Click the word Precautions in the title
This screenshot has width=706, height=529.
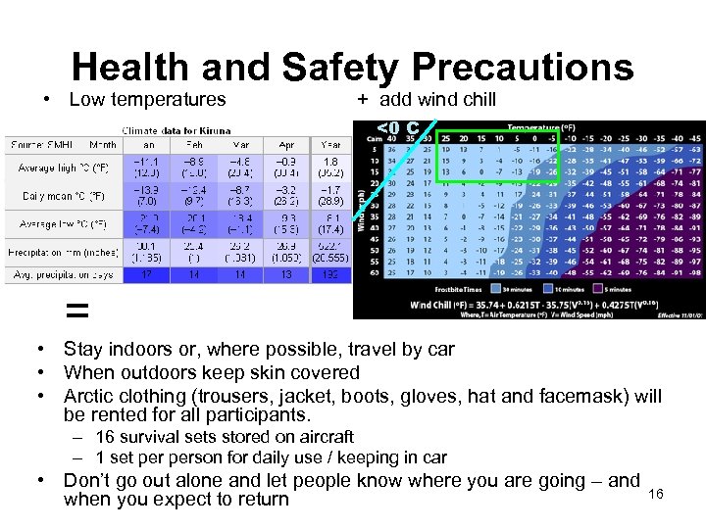point(522,68)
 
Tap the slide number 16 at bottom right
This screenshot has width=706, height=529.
point(656,494)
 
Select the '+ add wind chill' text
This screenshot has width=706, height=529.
point(427,99)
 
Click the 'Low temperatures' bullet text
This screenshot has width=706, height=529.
point(147,99)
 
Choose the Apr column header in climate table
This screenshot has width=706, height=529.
point(285,144)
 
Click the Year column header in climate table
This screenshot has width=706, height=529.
point(330,144)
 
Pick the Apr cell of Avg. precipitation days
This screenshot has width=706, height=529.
point(285,275)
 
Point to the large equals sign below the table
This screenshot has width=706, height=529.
point(76,312)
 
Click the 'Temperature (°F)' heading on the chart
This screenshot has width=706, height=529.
point(541,126)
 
